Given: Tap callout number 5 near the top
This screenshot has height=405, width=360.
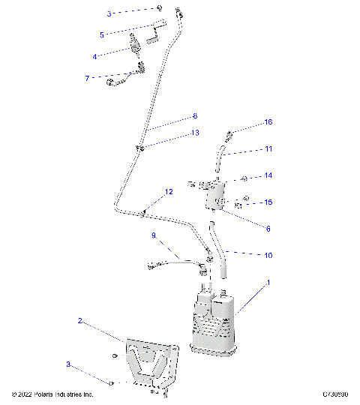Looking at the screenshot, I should coord(102,34).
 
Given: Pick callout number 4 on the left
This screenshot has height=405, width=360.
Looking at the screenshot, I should coord(95,56).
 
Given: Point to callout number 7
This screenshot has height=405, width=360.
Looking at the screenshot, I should coord(87,77).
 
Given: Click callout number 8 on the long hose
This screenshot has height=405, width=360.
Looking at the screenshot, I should coord(195,116).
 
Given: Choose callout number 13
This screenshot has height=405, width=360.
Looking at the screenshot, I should coord(195,133).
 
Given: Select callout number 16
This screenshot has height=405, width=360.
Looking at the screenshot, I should coord(268,122).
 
